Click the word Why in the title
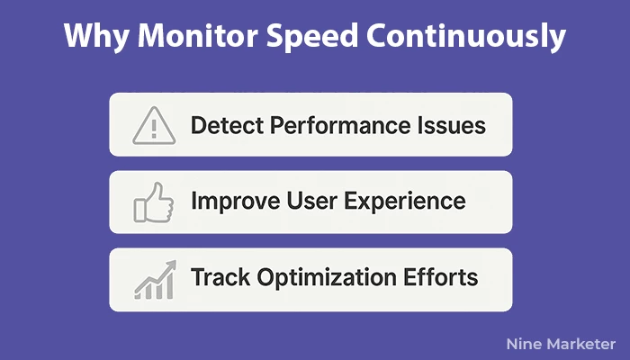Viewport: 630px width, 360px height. (x=96, y=36)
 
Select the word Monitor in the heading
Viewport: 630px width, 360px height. (x=198, y=35)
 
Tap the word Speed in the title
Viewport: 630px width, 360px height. (x=312, y=37)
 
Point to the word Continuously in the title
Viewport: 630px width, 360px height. (x=466, y=37)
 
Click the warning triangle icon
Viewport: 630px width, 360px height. (x=154, y=125)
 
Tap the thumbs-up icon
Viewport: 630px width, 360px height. (x=154, y=202)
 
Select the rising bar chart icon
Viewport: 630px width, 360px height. (x=155, y=280)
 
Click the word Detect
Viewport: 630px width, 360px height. (x=226, y=125)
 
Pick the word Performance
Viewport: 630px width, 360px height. (x=340, y=126)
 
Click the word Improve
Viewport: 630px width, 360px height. (x=236, y=201)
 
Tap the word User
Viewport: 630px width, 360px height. (x=311, y=201)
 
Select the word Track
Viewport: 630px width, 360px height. (x=220, y=277)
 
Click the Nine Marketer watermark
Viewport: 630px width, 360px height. (x=561, y=344)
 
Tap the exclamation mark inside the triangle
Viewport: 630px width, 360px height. (x=154, y=129)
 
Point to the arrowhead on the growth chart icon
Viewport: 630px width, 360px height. (x=171, y=265)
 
